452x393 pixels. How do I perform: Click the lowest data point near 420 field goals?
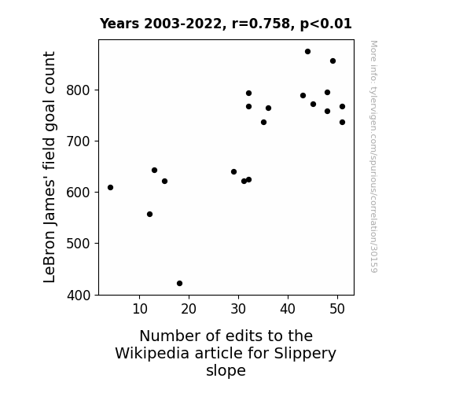pos(179,284)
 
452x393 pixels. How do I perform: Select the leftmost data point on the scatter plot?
pos(110,187)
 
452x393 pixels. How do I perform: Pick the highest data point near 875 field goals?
pos(307,52)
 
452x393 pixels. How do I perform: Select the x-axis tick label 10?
pos(140,309)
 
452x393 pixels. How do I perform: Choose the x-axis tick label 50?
pos(337,309)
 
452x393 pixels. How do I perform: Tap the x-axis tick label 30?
pos(238,309)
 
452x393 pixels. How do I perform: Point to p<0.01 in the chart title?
pos(325,24)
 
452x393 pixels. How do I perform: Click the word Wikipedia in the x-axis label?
pos(152,353)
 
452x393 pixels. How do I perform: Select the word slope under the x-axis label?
pos(226,370)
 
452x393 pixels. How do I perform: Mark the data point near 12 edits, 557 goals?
pos(149,215)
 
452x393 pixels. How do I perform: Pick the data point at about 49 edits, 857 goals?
pos(333,61)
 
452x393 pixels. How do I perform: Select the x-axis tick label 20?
pos(189,309)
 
